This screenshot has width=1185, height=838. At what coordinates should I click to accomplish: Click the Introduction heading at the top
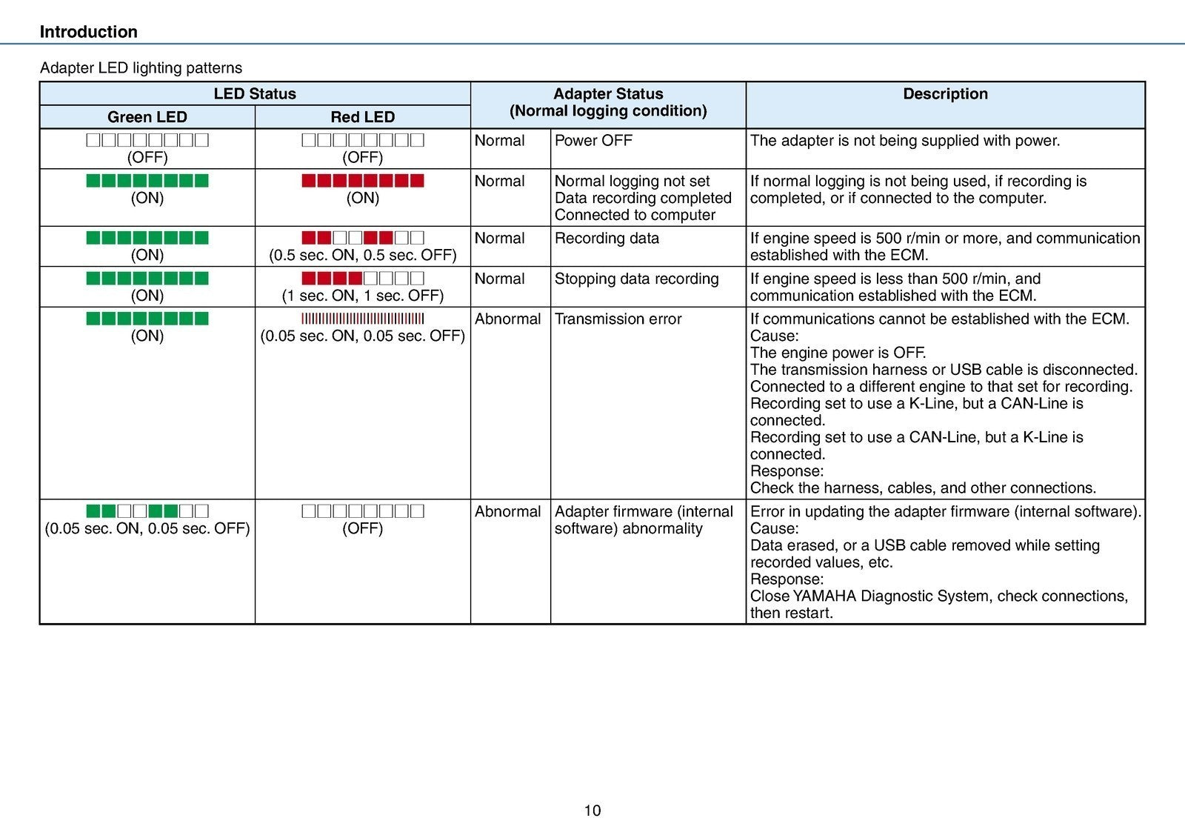[88, 32]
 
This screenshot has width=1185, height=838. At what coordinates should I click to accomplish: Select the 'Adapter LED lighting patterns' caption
[141, 68]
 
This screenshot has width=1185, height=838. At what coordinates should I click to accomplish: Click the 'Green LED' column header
[147, 117]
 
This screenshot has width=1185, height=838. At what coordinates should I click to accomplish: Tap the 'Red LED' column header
[362, 117]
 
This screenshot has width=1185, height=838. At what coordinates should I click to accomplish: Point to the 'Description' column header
[945, 94]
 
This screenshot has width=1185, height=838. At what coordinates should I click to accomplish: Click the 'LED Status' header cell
[254, 94]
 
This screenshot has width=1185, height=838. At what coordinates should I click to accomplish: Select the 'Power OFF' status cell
[593, 141]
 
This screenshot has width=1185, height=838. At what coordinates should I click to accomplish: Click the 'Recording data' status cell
[607, 239]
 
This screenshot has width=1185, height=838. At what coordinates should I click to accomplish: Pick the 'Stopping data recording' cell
[636, 279]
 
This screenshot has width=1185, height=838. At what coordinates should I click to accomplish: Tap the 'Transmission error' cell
[618, 319]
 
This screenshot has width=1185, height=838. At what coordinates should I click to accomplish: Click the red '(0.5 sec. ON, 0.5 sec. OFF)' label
[362, 256]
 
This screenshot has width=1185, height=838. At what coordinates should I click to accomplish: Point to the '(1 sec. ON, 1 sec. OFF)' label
[362, 296]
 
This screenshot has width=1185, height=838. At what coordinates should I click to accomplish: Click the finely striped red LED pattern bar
[362, 319]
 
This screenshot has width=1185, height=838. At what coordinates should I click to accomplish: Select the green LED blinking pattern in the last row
[147, 511]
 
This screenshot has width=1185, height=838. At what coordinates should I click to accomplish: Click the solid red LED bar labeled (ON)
[362, 181]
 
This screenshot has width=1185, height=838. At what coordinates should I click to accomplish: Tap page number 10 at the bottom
[592, 811]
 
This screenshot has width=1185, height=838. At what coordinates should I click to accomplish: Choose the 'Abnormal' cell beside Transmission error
[507, 319]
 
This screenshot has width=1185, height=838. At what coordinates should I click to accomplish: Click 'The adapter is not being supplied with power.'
[905, 141]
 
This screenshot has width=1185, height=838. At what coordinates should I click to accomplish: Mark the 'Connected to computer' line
[635, 216]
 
